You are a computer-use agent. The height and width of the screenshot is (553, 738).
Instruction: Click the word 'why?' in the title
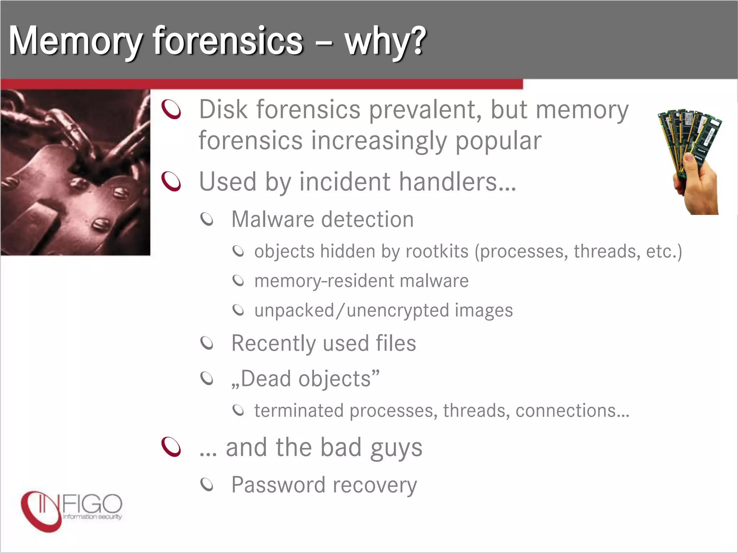click(385, 41)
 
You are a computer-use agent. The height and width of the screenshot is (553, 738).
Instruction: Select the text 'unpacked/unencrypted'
click(351, 310)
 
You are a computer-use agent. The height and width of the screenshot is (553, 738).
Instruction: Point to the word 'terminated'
click(299, 410)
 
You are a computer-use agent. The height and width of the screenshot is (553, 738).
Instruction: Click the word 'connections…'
click(572, 410)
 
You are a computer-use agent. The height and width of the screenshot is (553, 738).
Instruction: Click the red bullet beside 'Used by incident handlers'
click(171, 181)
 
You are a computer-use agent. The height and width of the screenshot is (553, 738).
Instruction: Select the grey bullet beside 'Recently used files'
click(207, 343)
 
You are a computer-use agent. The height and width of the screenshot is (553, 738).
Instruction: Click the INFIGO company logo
click(71, 511)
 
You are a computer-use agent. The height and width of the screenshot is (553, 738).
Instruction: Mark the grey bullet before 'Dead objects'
click(207, 378)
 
